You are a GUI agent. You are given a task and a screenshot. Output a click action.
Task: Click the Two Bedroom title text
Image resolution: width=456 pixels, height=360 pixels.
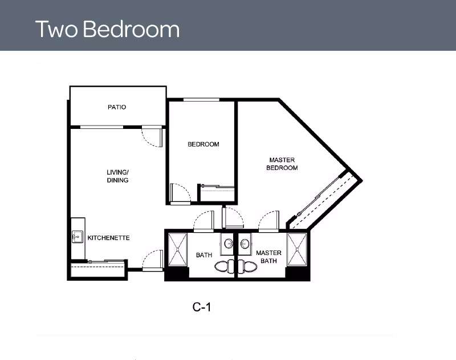point(107,29)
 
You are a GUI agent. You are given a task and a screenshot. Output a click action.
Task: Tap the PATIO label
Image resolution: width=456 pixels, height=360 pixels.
point(117,107)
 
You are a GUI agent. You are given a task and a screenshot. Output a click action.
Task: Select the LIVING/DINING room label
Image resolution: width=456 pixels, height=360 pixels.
point(118,176)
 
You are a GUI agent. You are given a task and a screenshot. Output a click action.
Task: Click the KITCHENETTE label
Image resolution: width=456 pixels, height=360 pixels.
point(108,238)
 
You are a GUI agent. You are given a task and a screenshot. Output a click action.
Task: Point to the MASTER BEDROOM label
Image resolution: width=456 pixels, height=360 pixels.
point(282,164)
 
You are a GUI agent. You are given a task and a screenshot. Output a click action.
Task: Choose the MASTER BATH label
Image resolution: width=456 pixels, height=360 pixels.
point(268,257)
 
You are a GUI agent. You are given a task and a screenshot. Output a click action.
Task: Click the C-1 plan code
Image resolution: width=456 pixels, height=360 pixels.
point(202,307)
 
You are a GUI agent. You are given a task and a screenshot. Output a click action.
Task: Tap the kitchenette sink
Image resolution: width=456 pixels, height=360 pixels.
point(78,237)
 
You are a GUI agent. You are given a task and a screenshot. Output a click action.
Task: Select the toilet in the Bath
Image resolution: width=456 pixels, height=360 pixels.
point(225,266)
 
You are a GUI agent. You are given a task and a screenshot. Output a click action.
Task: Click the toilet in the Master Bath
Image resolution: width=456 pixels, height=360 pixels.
point(247,266)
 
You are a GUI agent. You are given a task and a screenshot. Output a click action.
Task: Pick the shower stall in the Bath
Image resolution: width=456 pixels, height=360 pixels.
point(178,249)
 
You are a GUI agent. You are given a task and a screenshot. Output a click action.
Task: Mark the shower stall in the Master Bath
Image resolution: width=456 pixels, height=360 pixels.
point(297,249)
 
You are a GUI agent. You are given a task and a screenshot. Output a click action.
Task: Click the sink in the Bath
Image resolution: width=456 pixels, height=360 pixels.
point(229,242)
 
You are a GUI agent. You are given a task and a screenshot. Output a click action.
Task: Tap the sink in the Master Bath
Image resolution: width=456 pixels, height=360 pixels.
point(245,242)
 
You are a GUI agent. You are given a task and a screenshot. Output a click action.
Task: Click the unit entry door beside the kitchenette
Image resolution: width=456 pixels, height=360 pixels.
point(153,260)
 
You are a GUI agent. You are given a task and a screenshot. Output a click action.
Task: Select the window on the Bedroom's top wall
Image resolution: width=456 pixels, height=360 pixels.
point(201,100)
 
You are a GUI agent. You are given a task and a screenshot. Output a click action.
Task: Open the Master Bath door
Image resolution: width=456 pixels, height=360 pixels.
point(268,221)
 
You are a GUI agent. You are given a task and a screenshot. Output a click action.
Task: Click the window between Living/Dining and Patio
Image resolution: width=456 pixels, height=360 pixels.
point(101,127)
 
